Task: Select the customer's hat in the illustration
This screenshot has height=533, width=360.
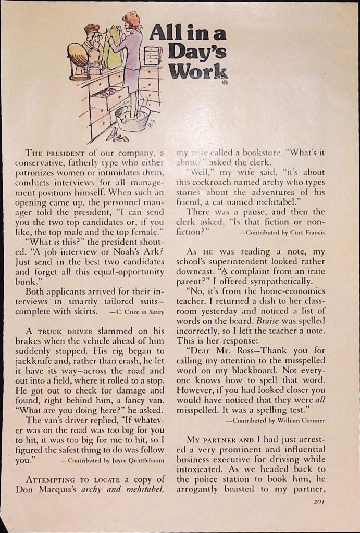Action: coord(92,29)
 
